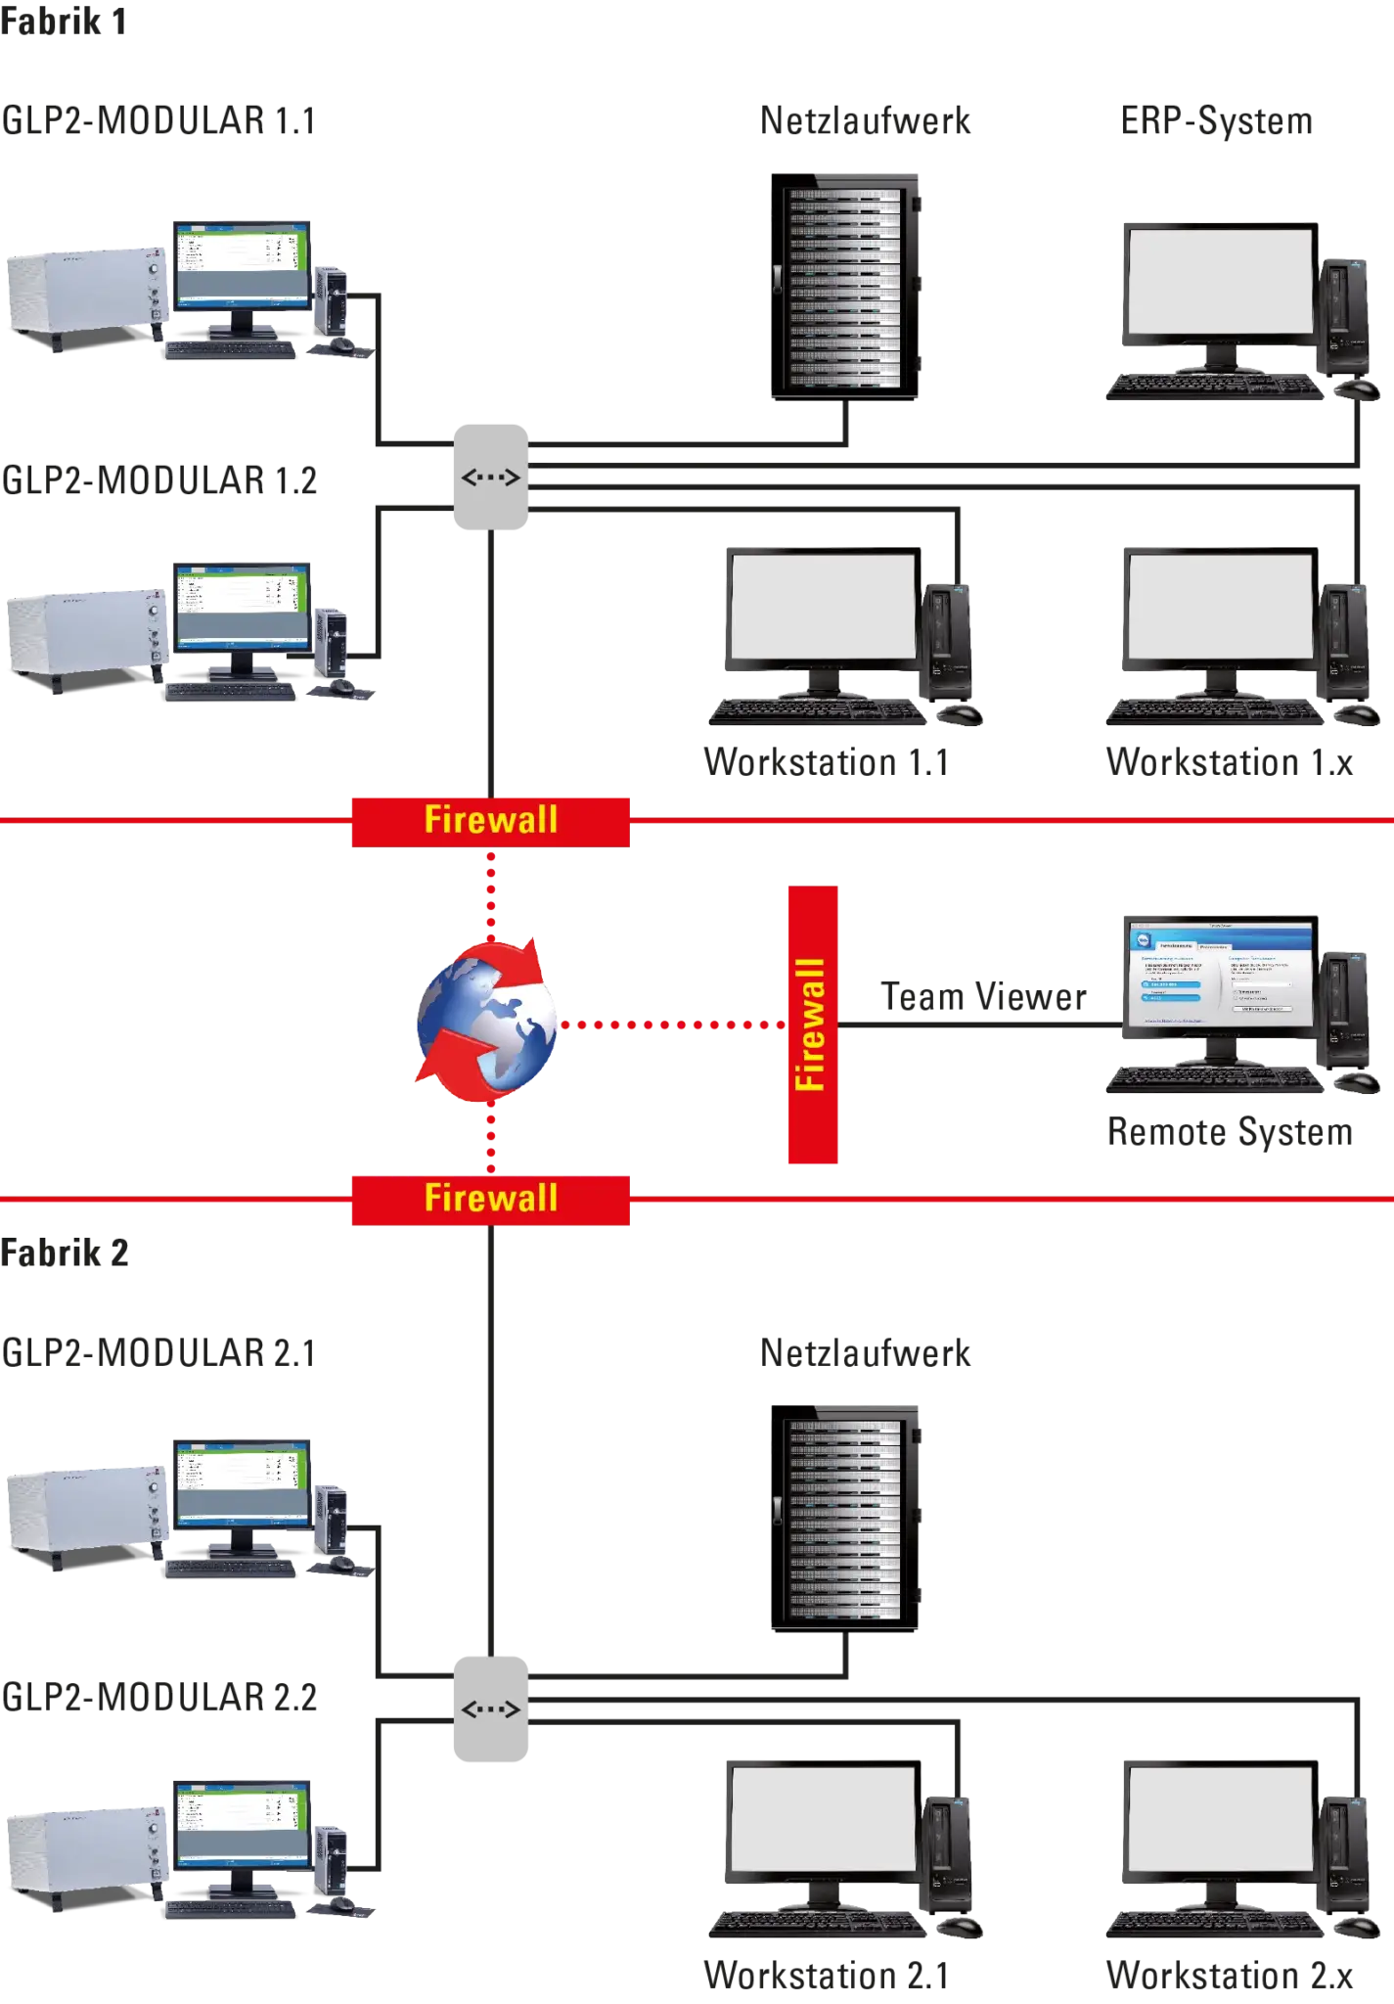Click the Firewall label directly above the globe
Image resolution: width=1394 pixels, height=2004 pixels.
[x=490, y=820]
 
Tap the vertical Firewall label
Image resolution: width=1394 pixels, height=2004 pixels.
[x=812, y=1025]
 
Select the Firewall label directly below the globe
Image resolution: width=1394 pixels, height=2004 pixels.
[x=490, y=1199]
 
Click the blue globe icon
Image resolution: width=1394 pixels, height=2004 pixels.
[x=486, y=1022]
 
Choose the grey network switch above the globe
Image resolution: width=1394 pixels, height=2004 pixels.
[x=490, y=478]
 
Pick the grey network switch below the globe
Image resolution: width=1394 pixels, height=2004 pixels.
[x=490, y=1708]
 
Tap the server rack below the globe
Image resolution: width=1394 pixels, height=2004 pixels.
[x=846, y=1517]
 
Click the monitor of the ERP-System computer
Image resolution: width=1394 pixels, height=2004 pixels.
[x=1219, y=284]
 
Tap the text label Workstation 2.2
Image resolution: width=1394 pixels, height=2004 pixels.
[x=1229, y=1977]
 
